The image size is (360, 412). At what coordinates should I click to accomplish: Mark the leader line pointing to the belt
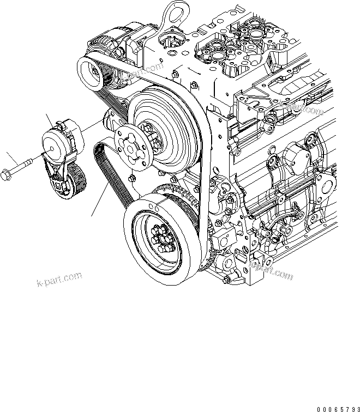(98, 202)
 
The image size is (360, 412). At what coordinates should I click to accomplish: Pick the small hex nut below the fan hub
(134, 178)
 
